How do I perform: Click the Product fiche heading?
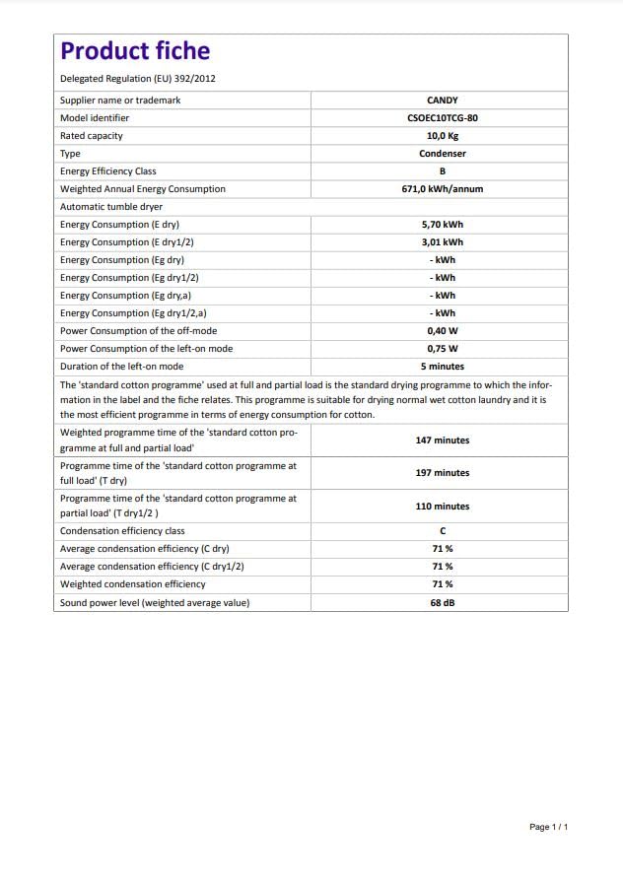pos(135,51)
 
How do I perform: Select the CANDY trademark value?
pos(442,101)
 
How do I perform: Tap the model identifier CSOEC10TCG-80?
pos(442,118)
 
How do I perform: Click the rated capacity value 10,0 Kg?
pos(442,136)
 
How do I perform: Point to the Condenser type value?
pos(442,154)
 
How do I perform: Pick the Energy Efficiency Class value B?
pos(442,171)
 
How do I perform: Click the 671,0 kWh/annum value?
pos(442,189)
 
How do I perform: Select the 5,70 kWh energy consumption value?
pos(442,225)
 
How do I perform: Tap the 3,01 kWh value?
pos(442,242)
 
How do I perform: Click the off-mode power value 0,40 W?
pos(442,331)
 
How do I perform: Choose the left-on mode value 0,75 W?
pos(442,349)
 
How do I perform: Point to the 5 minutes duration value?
pos(442,367)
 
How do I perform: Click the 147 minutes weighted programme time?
pos(442,441)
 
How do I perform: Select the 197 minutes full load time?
pos(442,473)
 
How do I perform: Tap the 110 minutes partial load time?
pos(442,507)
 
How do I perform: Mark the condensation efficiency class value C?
pos(442,531)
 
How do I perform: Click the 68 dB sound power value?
pos(442,602)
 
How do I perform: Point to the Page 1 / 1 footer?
pos(548,827)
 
